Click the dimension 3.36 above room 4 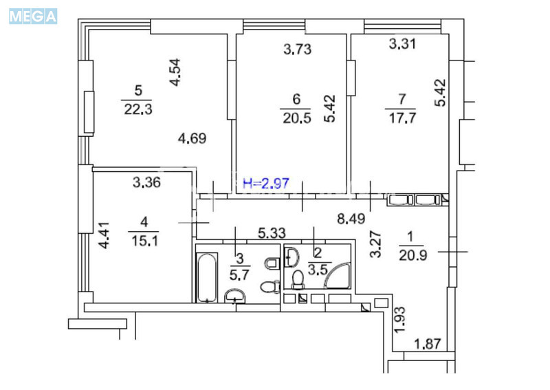(147, 183)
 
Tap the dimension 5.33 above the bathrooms (272, 234)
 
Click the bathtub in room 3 (206, 278)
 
